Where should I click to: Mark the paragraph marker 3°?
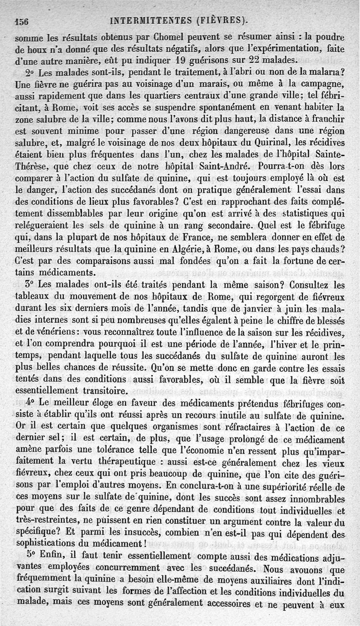click(31, 284)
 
